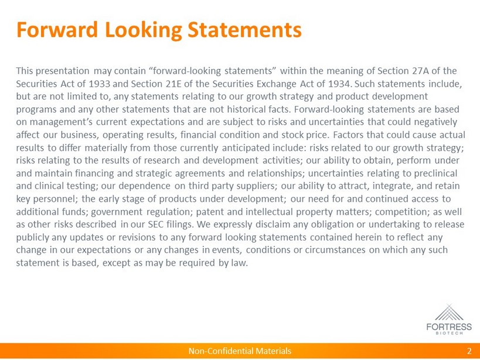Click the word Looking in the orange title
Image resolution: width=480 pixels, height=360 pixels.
[x=144, y=30]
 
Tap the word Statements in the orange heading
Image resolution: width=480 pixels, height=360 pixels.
[x=244, y=29]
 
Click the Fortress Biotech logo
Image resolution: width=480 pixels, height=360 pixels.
[x=449, y=320]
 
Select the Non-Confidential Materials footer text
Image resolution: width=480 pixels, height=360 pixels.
[x=240, y=351]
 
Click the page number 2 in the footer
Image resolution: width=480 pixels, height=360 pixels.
[x=469, y=351]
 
